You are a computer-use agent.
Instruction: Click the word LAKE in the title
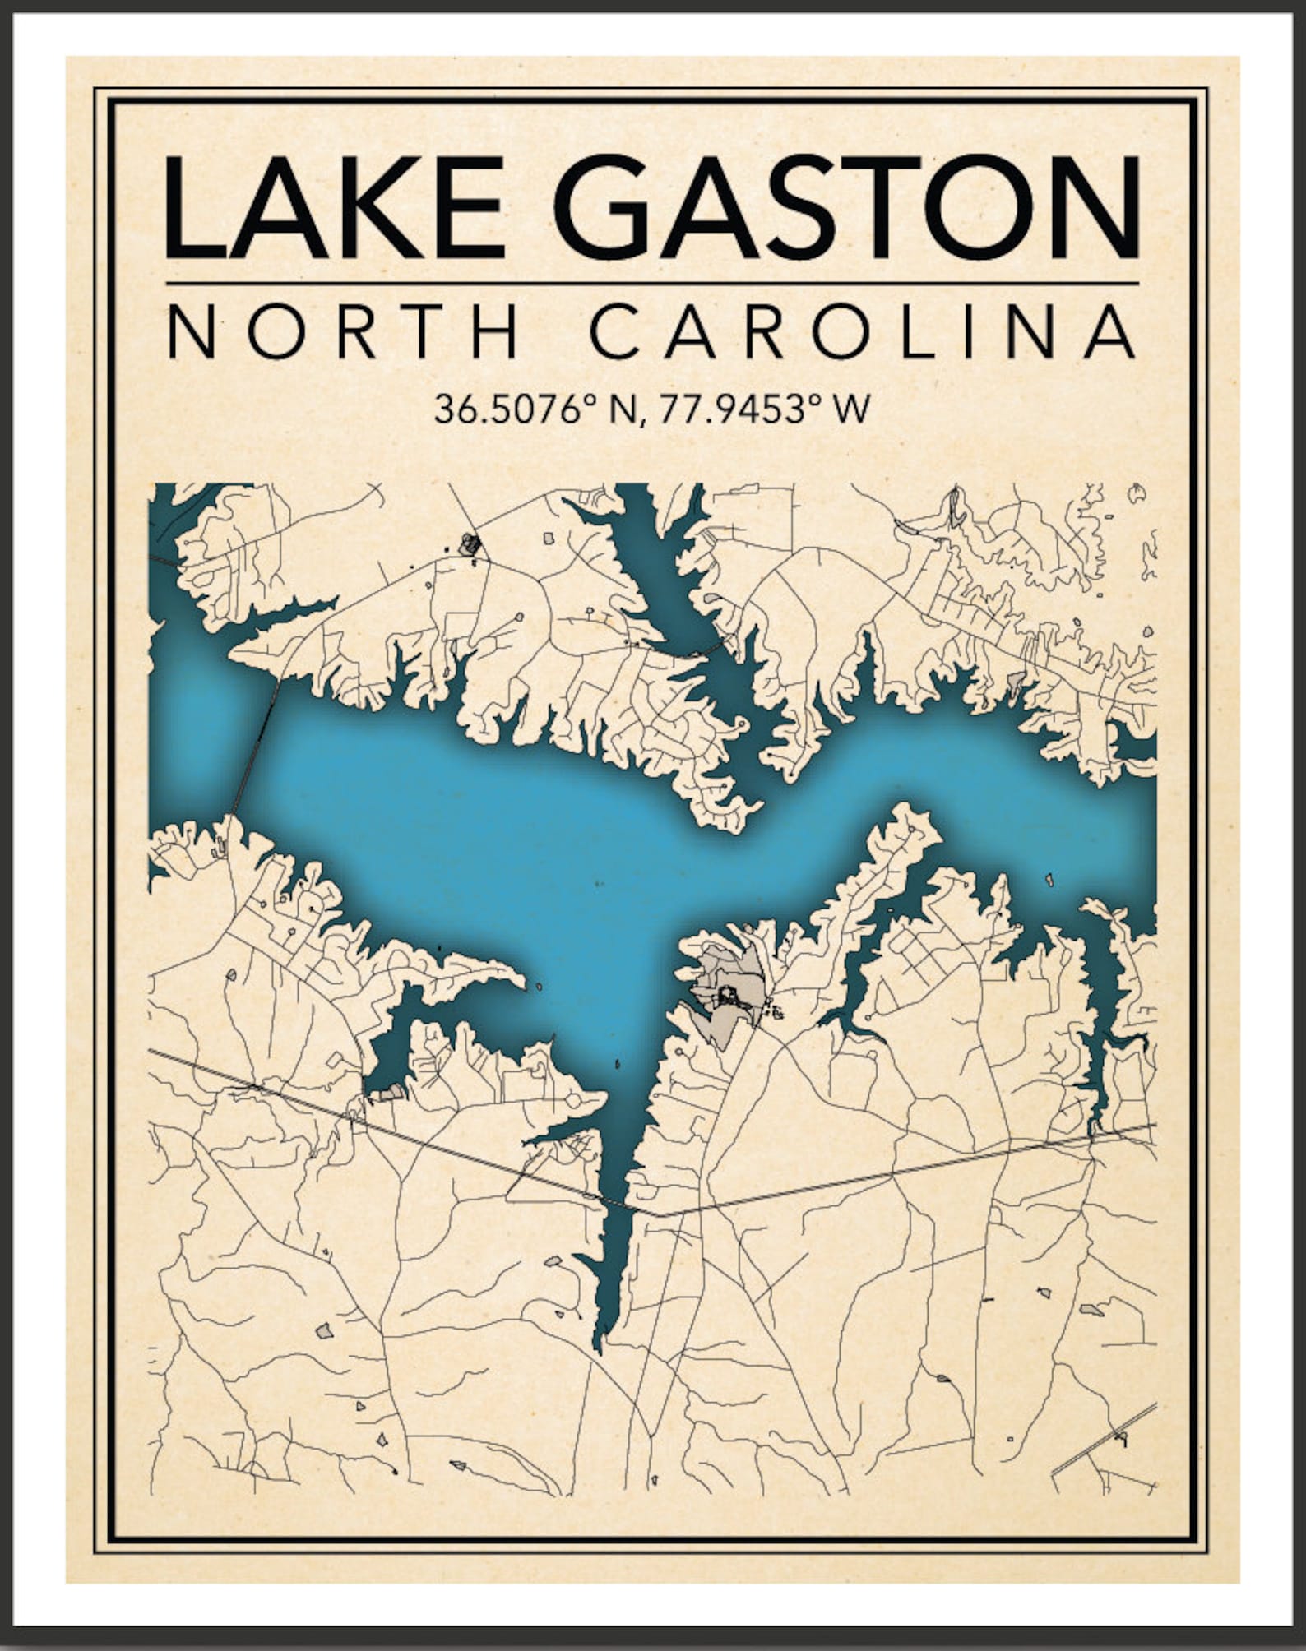[334, 207]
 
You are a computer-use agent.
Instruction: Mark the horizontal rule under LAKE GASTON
[652, 284]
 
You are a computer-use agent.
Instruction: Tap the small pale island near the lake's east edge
[1049, 879]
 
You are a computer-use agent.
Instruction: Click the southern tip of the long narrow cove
[598, 1348]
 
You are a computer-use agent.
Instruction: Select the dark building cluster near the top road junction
[470, 543]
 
